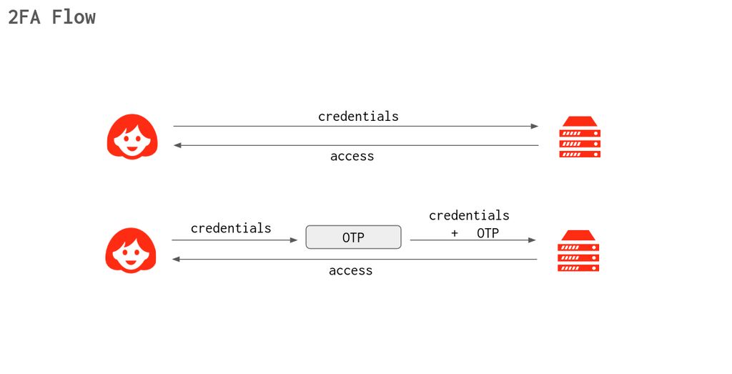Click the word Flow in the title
pos(74,17)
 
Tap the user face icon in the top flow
pos(132,137)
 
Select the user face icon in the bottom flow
pos(131,250)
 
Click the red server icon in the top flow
pos(580,137)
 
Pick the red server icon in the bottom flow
pos(578,251)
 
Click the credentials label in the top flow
pos(358,116)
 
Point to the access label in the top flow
pos(352,156)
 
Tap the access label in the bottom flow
pos(350,270)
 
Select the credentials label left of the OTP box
pos(231,228)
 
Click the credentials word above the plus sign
pos(469,215)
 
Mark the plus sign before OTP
pos(455,233)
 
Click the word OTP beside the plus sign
pos(488,233)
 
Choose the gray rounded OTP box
pos(353,237)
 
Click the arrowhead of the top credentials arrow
pos(535,127)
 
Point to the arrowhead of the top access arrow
pos(177,145)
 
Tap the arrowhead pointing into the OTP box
pos(293,240)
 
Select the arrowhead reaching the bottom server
pos(533,240)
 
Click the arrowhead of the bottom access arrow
pos(176,260)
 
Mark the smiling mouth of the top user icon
pos(132,149)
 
